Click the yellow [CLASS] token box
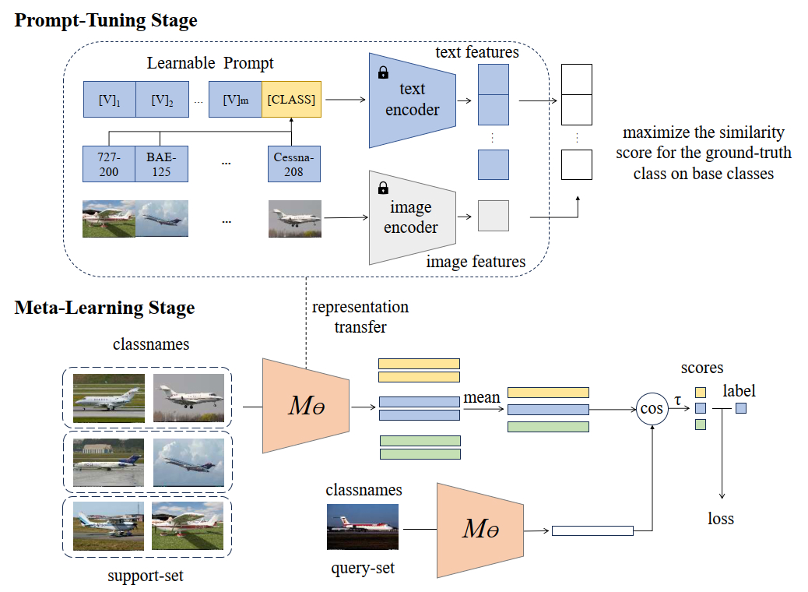(291, 99)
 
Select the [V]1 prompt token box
(109, 99)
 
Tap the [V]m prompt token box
(235, 99)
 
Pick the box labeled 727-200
(109, 164)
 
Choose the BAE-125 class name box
(161, 164)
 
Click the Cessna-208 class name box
(293, 164)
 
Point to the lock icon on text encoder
(384, 72)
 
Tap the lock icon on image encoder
(384, 188)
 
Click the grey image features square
(494, 216)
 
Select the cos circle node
(652, 408)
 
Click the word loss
(720, 518)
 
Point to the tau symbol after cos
(678, 400)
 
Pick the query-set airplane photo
(363, 527)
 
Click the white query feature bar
(592, 530)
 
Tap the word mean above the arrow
(482, 397)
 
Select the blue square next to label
(741, 408)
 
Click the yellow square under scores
(701, 393)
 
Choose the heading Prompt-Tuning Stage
(106, 20)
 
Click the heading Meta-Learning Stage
(104, 308)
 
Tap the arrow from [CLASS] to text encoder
(346, 99)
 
